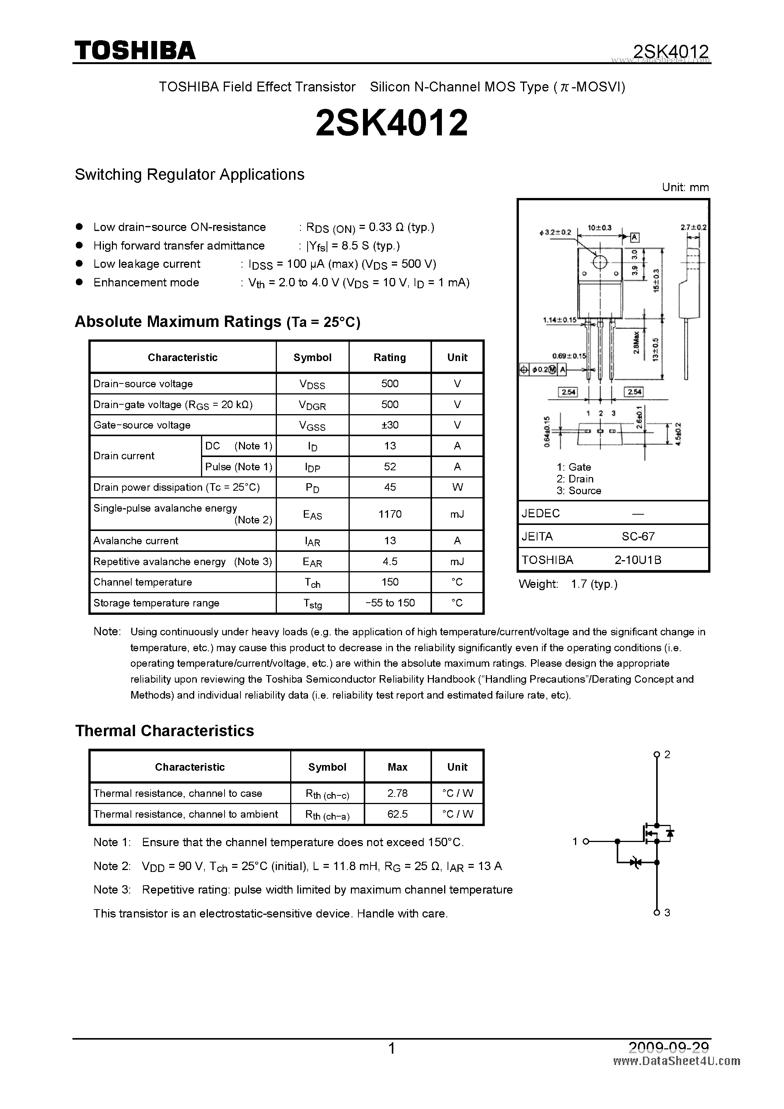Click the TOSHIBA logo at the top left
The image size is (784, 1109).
[135, 50]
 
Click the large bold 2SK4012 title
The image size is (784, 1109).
[391, 123]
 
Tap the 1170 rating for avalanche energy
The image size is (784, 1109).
[390, 514]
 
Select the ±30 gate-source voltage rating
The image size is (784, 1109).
[390, 425]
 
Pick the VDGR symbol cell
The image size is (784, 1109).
[312, 405]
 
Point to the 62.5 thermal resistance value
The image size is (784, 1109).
[397, 814]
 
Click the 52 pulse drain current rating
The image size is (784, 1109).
[390, 467]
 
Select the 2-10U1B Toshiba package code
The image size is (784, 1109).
[638, 560]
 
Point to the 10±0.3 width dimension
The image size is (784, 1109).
[599, 228]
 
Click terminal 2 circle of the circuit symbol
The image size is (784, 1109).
[656, 754]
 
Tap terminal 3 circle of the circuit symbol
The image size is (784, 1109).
[656, 913]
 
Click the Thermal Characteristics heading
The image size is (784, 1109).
[164, 730]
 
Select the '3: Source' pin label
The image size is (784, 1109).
[579, 491]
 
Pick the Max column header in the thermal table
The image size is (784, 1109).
[397, 767]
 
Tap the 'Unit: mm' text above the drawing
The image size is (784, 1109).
[685, 187]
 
